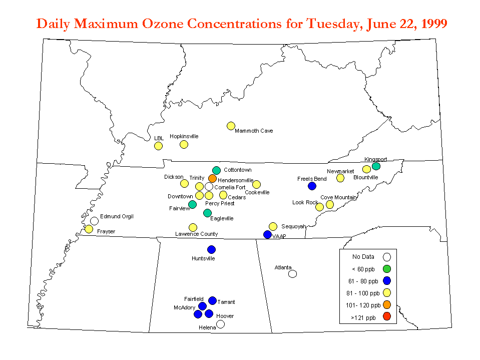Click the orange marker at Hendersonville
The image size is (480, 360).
(212, 178)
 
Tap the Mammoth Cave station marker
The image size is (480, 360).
(231, 126)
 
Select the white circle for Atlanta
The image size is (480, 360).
(293, 274)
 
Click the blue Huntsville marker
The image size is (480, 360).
(212, 249)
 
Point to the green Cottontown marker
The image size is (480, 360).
(216, 170)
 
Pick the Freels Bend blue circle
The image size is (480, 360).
(312, 186)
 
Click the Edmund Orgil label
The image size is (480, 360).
(117, 216)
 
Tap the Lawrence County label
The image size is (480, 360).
(197, 234)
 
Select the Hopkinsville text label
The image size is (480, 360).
(184, 136)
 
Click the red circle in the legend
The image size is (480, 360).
(387, 316)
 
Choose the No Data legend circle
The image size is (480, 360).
(387, 257)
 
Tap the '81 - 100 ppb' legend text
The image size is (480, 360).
(363, 293)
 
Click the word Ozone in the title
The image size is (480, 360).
(163, 24)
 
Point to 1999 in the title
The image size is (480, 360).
(434, 24)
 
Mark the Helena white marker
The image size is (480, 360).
(220, 324)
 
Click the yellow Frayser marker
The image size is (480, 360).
(89, 229)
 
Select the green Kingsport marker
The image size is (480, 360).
(376, 166)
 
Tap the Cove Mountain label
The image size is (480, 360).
(338, 197)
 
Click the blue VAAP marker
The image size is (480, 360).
(268, 234)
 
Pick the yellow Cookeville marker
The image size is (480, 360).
(257, 184)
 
